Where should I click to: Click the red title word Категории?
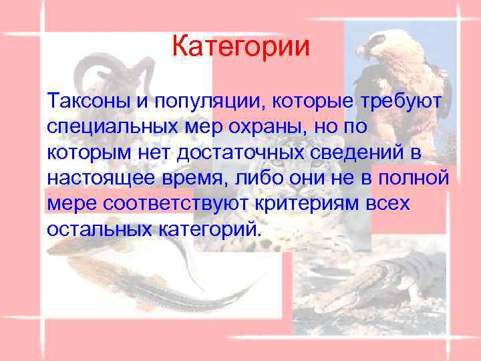pos(240,47)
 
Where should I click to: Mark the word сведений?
pos(361,152)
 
